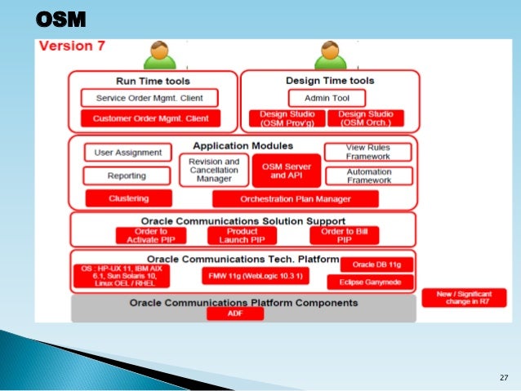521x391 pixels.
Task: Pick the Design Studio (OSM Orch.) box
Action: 364,119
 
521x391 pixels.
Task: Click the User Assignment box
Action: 128,152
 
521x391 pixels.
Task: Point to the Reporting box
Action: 127,176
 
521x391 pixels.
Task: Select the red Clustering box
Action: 128,198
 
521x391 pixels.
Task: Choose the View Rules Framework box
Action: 368,152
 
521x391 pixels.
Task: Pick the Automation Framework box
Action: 368,176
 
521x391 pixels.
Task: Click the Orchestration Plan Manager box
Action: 295,199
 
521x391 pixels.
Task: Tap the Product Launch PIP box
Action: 243,235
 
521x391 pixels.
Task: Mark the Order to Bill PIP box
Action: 337,235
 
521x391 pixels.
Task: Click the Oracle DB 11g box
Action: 376,264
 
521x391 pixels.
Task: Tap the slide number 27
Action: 503,377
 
